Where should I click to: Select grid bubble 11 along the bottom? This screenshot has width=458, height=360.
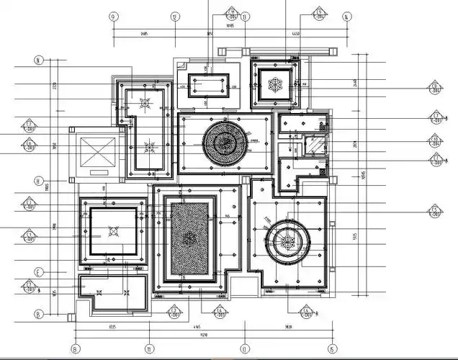tap(149, 348)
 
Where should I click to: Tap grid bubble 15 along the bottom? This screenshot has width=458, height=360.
tap(331, 348)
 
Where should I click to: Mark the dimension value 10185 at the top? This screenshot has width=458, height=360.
tap(230, 27)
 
